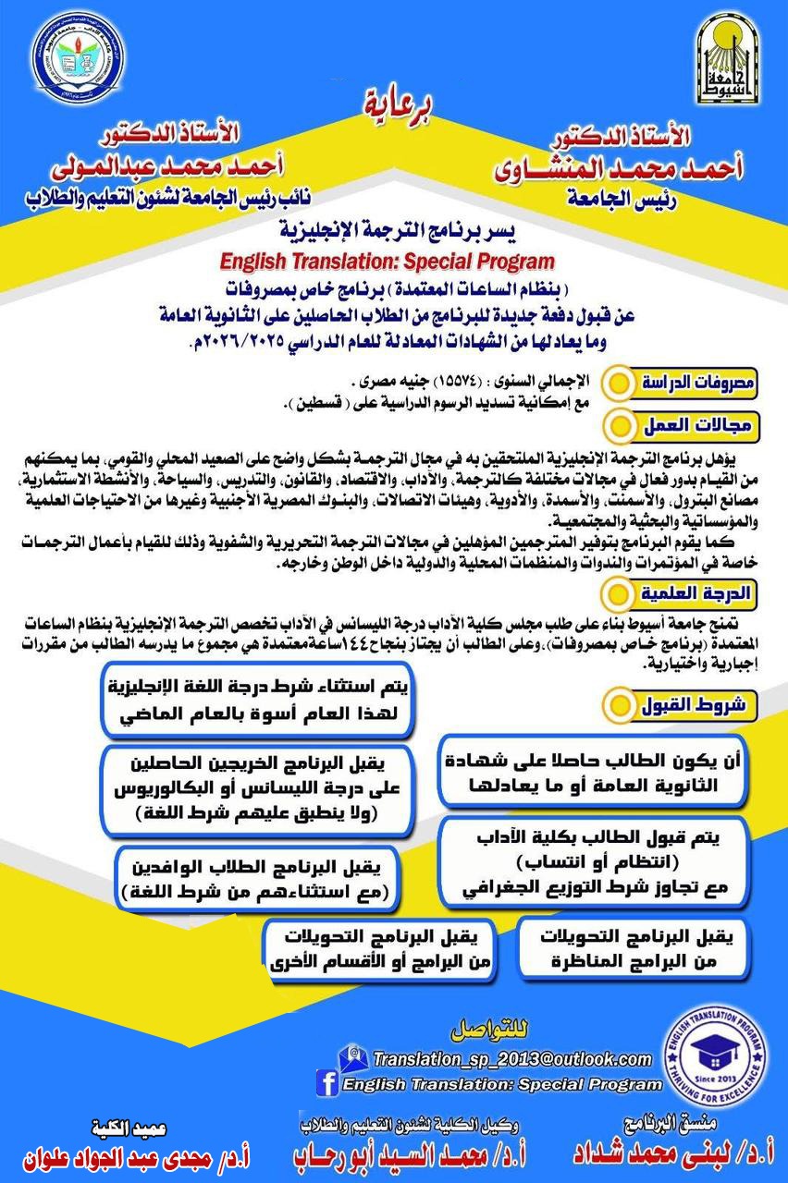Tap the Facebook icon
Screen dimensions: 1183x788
(x=326, y=1082)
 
